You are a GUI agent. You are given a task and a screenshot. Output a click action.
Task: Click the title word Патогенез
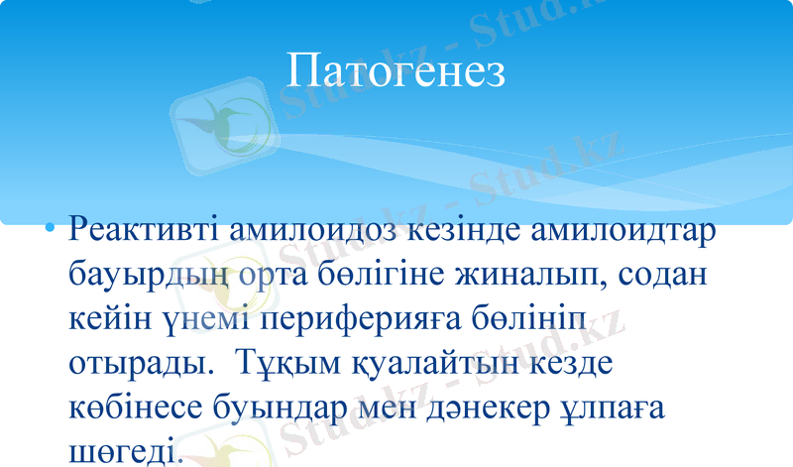(396, 70)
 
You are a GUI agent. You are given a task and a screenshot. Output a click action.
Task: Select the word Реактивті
(145, 232)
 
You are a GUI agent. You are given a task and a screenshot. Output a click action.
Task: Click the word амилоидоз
(310, 232)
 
